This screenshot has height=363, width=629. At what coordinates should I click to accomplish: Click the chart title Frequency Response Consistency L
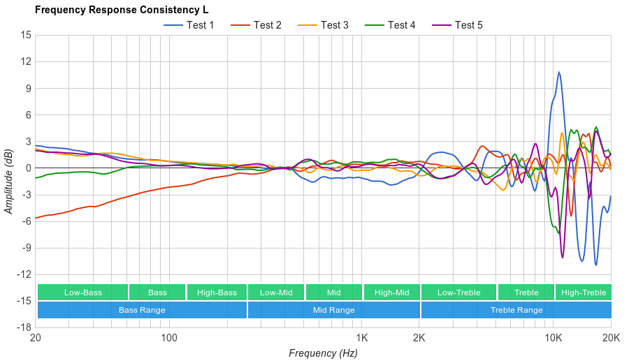pyautogui.click(x=122, y=10)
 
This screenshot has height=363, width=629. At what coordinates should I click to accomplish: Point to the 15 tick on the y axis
pyautogui.click(x=26, y=35)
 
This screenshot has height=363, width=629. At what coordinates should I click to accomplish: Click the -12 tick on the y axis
pyautogui.click(x=24, y=274)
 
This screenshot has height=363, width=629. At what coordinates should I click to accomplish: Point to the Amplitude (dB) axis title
pyautogui.click(x=9, y=181)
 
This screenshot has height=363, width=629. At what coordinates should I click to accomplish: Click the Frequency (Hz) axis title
pyautogui.click(x=323, y=353)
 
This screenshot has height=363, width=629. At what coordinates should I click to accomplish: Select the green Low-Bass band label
pyautogui.click(x=82, y=292)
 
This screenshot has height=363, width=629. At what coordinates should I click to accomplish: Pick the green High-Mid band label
pyautogui.click(x=391, y=292)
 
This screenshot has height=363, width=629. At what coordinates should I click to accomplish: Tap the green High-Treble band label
pyautogui.click(x=584, y=292)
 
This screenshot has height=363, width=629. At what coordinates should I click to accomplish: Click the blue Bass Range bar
pyautogui.click(x=142, y=310)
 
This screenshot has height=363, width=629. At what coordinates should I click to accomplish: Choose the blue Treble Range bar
pyautogui.click(x=516, y=310)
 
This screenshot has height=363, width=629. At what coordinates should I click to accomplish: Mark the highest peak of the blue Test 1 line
pyautogui.click(x=558, y=72)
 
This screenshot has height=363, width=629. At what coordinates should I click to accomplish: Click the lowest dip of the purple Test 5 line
pyautogui.click(x=562, y=258)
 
